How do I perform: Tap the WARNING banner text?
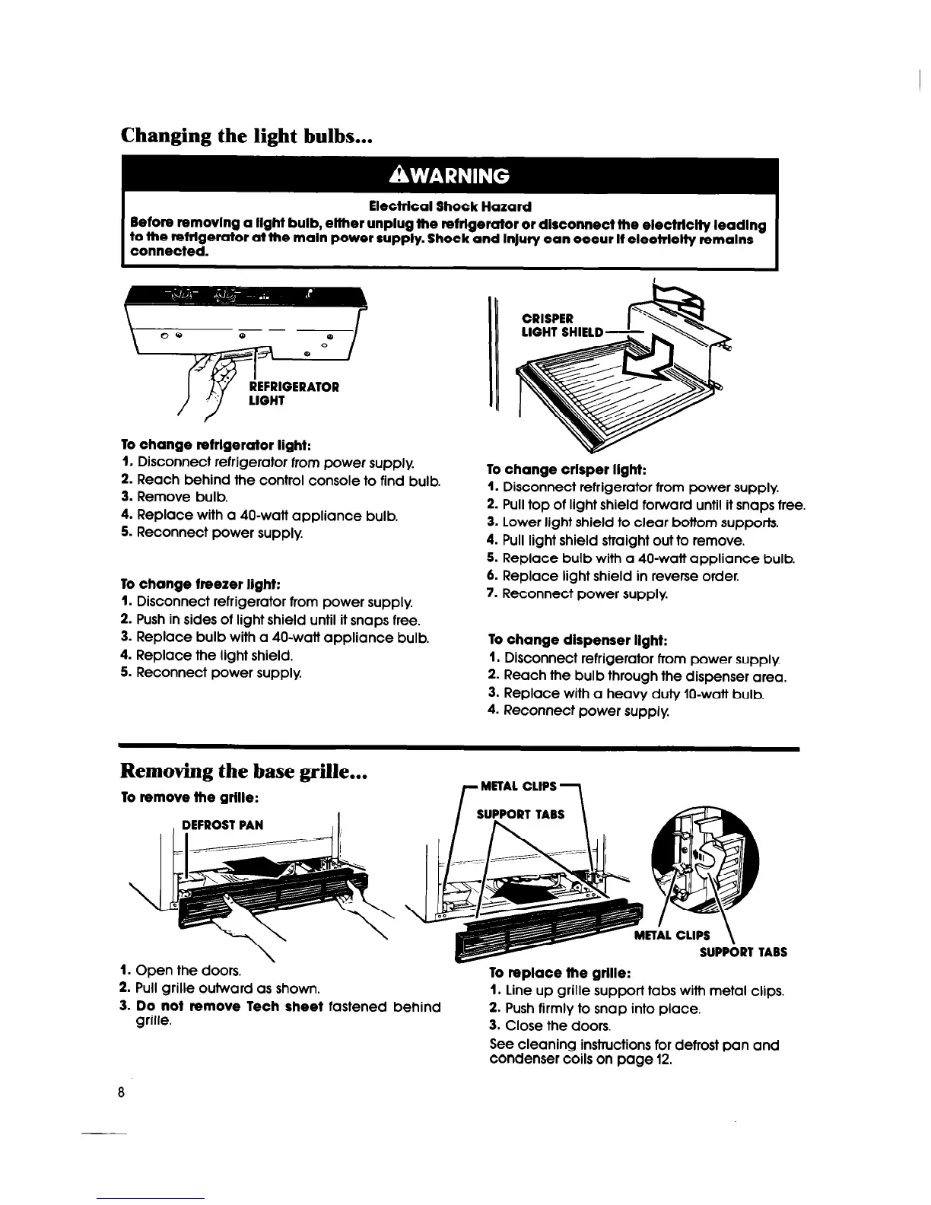[448, 176]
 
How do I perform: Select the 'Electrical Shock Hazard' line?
[450, 206]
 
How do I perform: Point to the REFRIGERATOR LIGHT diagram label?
[294, 393]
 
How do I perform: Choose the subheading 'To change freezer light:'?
[202, 584]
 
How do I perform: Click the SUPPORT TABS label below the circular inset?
[742, 952]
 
